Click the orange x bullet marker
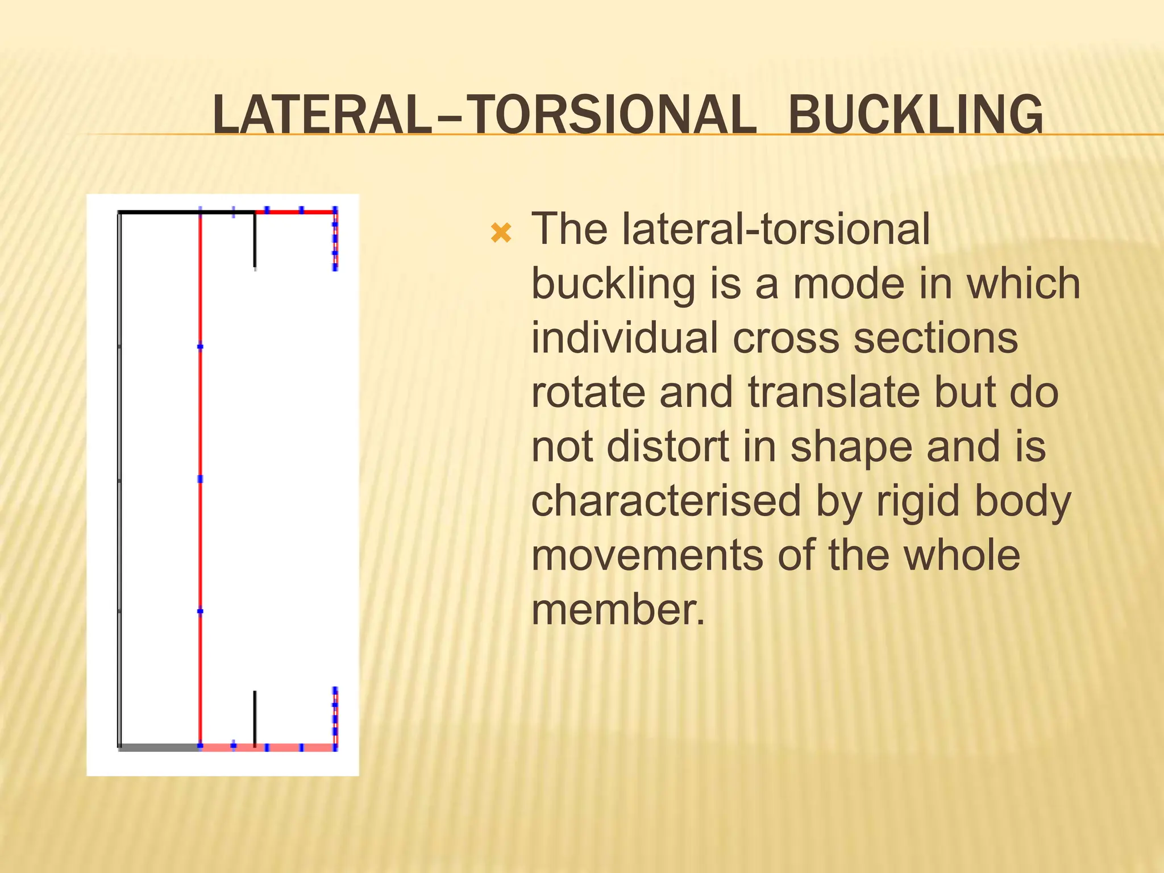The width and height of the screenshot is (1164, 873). (501, 232)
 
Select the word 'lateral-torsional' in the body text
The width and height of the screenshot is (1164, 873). (776, 229)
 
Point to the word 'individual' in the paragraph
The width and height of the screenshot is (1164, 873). (625, 338)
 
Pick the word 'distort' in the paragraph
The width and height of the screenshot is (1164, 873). (668, 447)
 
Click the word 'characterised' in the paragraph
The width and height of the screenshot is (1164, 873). (666, 501)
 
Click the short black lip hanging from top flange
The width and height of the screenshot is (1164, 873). (255, 242)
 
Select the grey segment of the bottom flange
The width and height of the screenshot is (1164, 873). (160, 747)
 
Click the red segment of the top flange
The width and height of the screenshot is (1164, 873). (296, 212)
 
